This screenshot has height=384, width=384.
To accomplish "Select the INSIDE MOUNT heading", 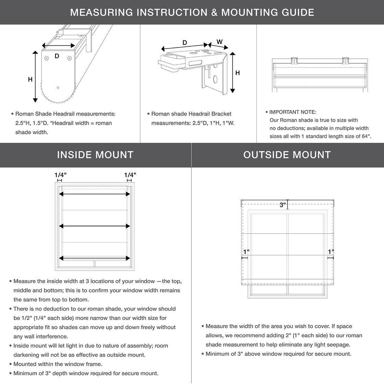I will tap(95, 155).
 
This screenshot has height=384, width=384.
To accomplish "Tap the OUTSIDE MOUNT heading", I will tap(287, 155).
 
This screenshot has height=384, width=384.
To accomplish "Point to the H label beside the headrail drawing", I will tap(30, 79).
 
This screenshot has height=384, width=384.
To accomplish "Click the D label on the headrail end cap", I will tap(57, 56).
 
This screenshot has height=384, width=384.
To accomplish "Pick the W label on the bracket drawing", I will tap(219, 42).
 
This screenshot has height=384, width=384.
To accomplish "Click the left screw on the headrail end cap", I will tap(47, 59).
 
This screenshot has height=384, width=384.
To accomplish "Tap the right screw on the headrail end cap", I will tap(70, 59).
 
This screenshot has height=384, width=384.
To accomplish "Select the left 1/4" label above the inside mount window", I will tap(60, 175).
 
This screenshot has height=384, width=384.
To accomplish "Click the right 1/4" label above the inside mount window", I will tap(130, 175).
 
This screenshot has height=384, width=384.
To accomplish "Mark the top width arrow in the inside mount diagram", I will tap(95, 194).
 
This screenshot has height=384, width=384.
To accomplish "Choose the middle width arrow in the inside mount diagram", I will tap(95, 226).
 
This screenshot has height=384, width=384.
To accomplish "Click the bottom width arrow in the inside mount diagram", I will tap(95, 258).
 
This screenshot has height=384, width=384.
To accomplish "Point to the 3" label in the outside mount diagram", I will tap(283, 205).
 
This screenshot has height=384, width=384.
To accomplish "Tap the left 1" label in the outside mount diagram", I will tap(246, 252).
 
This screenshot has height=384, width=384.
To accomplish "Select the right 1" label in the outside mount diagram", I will tap(331, 252).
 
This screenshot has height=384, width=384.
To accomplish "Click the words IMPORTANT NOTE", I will tap(292, 112).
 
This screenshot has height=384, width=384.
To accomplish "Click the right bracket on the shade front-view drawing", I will tap(346, 61).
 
